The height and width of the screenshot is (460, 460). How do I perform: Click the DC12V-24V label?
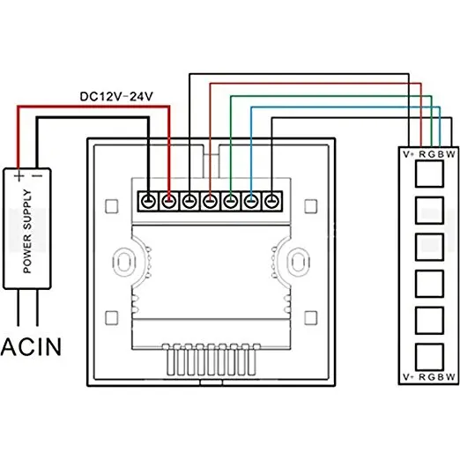click(x=117, y=98)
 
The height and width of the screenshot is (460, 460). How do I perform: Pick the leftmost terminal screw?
click(x=147, y=202)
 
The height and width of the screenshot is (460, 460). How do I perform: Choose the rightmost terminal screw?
click(x=272, y=202)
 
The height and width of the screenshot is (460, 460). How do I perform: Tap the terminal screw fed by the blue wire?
click(x=251, y=202)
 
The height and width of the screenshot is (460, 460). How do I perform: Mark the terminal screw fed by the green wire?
click(x=230, y=202)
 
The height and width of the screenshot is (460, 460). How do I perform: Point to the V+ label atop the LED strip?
click(x=409, y=153)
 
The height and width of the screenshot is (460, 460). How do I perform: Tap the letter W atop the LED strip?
click(x=451, y=153)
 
